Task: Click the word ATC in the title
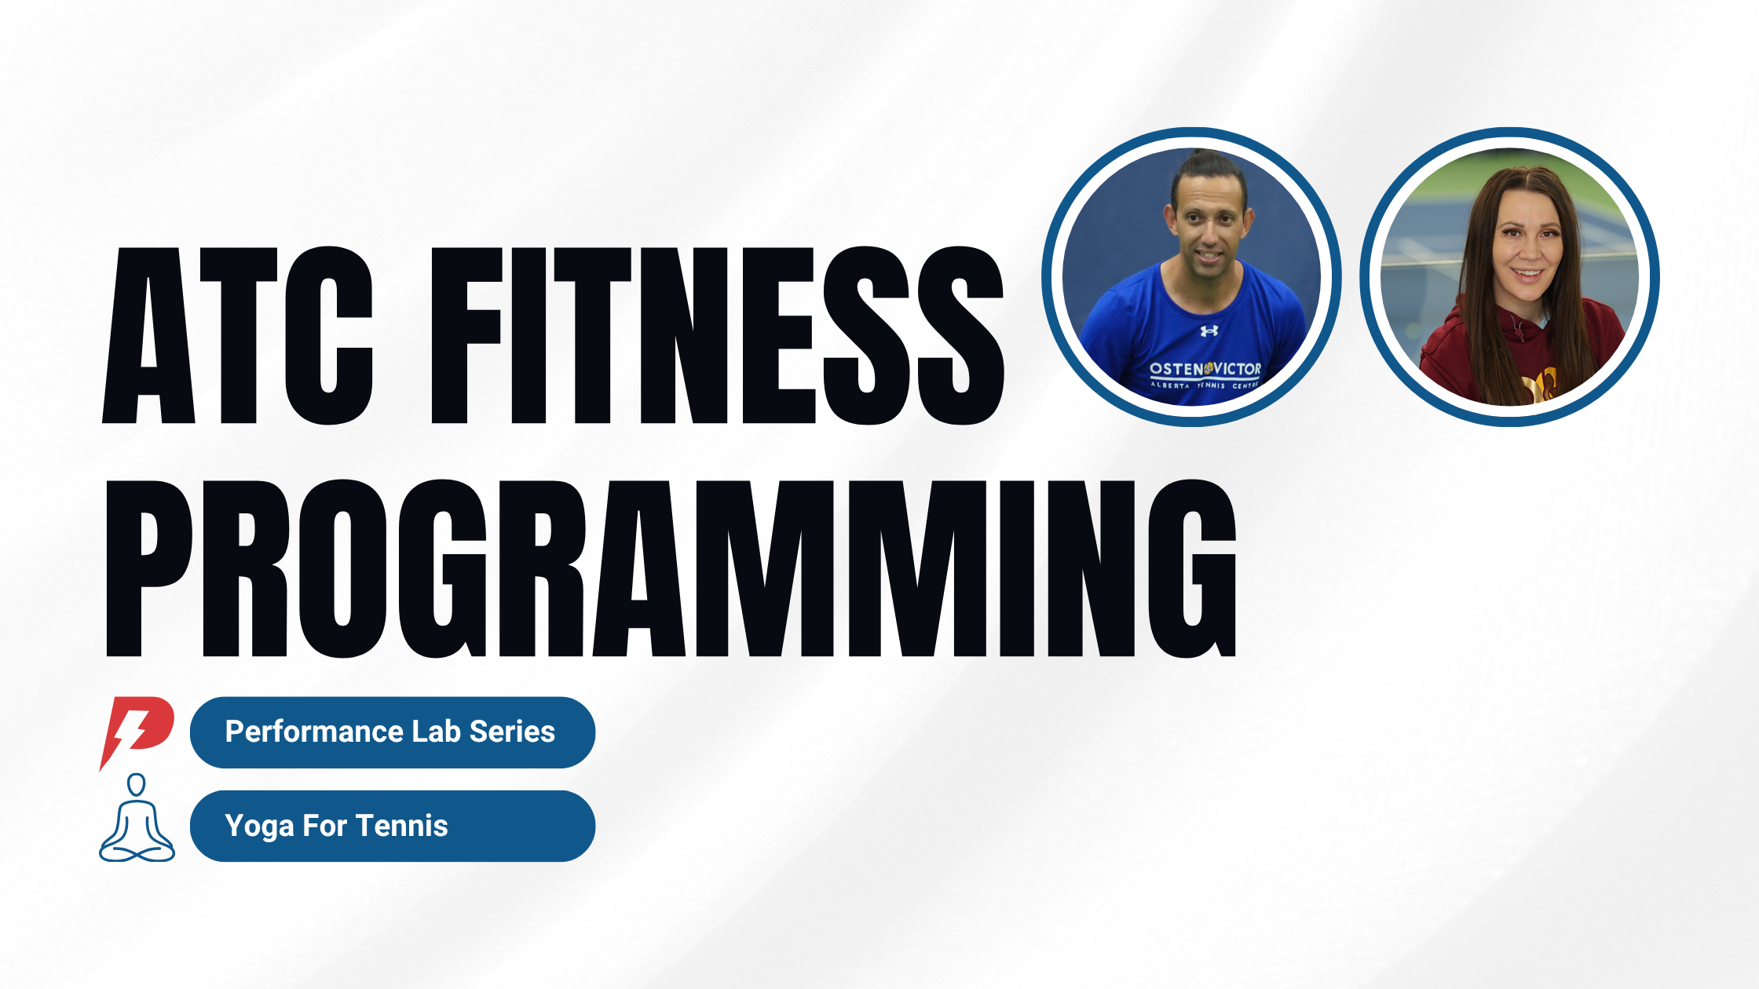[237, 335]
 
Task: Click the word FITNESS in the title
[718, 335]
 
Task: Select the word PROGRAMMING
[671, 568]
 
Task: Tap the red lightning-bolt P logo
[136, 732]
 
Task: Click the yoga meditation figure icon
[137, 818]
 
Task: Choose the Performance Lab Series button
[393, 732]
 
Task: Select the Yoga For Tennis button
[393, 826]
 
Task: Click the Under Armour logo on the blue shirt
[1209, 331]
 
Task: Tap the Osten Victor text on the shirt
[1205, 369]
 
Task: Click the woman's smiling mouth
[1527, 274]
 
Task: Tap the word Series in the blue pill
[512, 732]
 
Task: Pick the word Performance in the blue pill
[314, 732]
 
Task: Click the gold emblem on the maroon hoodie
[1539, 387]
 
